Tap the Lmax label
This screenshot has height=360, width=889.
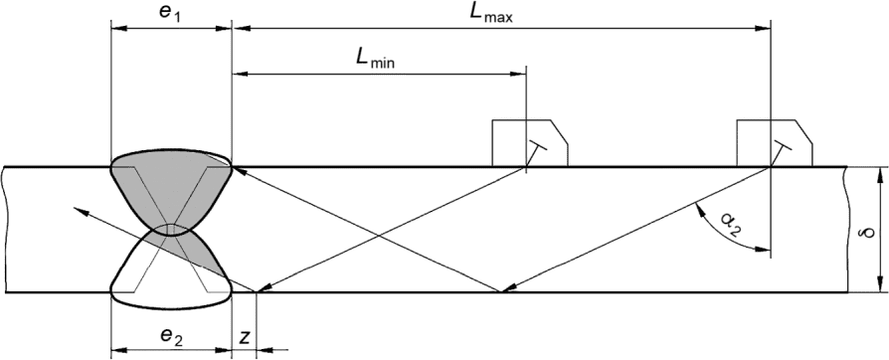point(491,13)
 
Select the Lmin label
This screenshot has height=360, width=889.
point(375,60)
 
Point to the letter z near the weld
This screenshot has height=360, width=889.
point(245,337)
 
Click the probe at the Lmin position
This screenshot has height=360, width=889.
point(530,143)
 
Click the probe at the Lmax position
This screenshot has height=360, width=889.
point(775,143)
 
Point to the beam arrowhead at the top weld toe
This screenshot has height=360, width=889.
point(239,170)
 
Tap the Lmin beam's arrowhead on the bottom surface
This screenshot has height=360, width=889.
point(265,288)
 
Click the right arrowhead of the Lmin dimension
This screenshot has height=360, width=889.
point(519,74)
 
